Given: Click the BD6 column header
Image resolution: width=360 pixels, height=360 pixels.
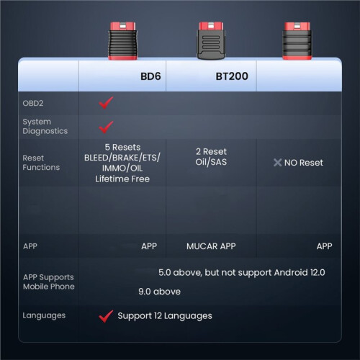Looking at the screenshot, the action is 150,76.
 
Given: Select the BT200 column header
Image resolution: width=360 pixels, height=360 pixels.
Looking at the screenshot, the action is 232,76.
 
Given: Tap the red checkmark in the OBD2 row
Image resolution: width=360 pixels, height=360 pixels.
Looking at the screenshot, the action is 106,103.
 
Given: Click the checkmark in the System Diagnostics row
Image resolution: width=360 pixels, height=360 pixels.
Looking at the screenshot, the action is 106,127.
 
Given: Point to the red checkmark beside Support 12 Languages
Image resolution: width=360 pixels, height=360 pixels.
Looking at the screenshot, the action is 106,316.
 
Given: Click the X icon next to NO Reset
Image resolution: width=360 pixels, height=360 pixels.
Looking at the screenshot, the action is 277,163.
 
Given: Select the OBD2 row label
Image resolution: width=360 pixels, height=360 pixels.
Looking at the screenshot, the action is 33,103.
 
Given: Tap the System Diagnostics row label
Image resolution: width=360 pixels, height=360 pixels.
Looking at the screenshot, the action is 45,127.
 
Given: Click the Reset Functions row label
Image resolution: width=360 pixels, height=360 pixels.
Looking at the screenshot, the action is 41,163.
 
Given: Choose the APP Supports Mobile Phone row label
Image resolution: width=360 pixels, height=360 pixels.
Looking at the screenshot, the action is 49,282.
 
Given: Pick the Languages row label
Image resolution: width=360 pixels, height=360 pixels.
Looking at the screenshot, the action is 44,315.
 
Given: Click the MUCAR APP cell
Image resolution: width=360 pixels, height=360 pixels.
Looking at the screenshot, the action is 211,246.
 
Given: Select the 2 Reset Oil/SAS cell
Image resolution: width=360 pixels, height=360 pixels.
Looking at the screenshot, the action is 211,157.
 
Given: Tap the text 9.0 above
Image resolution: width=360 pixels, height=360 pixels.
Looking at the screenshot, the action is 159,292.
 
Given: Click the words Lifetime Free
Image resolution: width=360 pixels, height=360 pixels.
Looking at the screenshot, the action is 122,179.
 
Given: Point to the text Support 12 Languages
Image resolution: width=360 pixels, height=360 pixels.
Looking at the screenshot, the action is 165,316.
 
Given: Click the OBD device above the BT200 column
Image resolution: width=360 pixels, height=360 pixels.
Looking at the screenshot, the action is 211,40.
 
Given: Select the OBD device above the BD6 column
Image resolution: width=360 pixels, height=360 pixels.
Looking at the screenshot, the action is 123,41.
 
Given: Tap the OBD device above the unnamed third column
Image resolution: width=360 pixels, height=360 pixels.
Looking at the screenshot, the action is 297,41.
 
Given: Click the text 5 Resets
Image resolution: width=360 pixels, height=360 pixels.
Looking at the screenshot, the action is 122,147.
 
